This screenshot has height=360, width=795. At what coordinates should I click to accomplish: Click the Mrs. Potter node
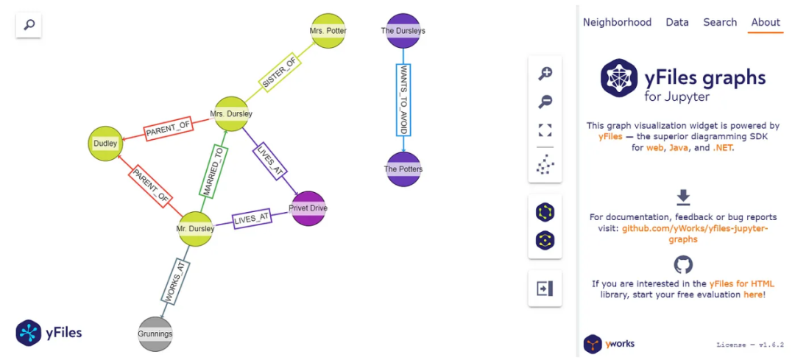[x=328, y=31]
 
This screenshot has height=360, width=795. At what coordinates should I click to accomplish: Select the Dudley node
[x=105, y=144]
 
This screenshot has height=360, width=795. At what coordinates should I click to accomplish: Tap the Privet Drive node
[x=308, y=208]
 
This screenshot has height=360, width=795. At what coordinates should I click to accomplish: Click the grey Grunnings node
[x=155, y=333]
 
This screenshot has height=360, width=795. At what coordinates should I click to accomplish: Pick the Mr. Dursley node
[x=195, y=229]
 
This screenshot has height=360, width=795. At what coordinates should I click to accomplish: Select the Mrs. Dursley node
[x=231, y=114]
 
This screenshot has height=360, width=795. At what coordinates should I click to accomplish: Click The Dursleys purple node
[x=403, y=31]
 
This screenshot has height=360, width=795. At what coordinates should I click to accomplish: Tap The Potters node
[x=403, y=169]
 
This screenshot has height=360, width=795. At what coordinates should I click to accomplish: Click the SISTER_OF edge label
[x=278, y=72]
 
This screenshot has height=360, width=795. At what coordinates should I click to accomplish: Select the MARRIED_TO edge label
[x=213, y=171]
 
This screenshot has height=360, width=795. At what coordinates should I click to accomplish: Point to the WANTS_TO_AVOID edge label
[x=403, y=100]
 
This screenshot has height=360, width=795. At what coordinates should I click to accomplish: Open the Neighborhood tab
[x=617, y=22]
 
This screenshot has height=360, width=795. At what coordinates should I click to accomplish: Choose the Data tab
[x=677, y=22]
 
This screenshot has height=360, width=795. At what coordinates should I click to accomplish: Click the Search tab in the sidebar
[x=720, y=22]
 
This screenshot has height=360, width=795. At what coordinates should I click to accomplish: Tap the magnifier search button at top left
[x=29, y=24]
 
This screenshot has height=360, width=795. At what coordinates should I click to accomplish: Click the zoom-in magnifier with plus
[x=545, y=74]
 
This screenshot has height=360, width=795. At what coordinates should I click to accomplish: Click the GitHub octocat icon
[x=683, y=265]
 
